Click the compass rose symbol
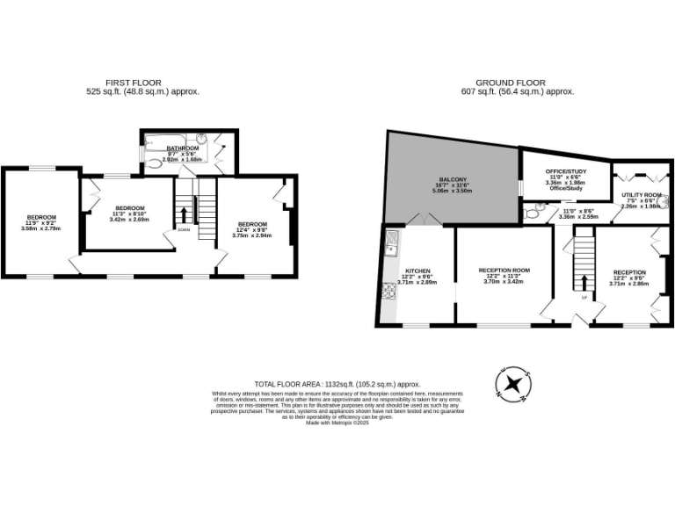tap(514, 384)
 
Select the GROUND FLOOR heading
tap(518, 83)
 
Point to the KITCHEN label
tap(416, 271)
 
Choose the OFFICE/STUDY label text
tap(566, 171)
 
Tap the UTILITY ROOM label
tap(641, 195)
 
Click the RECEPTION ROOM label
tap(504, 271)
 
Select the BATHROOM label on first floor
tap(183, 148)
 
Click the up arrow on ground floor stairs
tap(584, 282)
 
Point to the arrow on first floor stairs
tap(184, 214)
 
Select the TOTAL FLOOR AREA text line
tap(337, 384)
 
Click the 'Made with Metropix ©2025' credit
tap(337, 423)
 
